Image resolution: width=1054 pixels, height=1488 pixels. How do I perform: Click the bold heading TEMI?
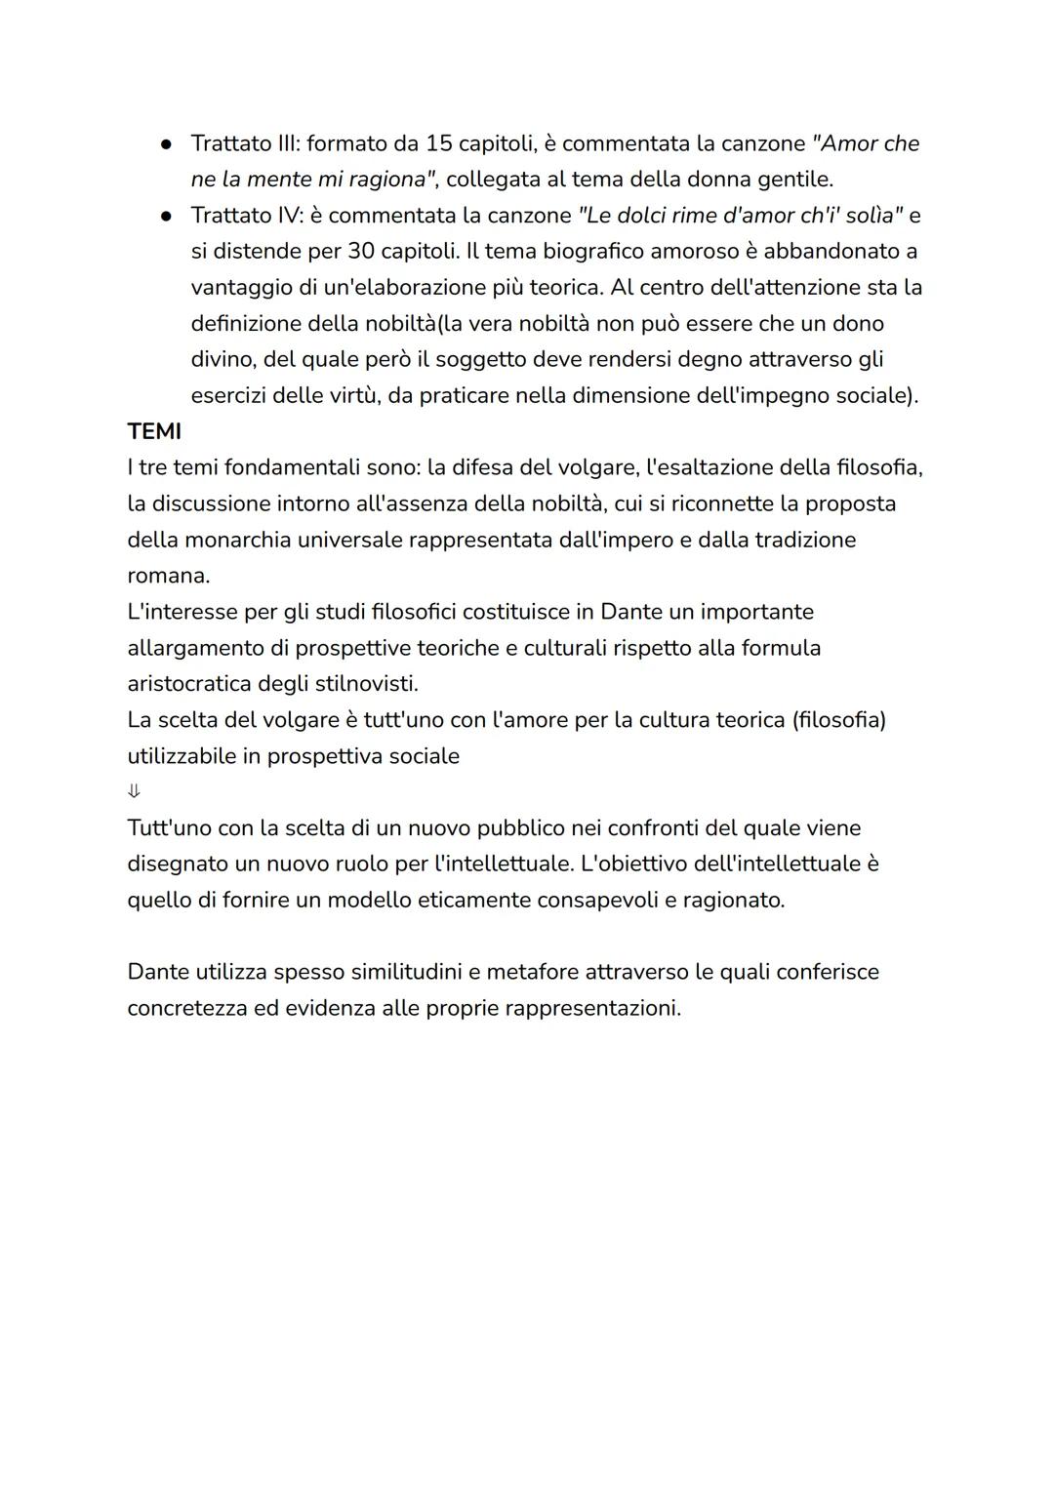154,431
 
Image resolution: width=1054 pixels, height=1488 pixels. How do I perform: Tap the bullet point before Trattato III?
167,143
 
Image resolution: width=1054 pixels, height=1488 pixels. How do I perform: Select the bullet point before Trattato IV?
167,216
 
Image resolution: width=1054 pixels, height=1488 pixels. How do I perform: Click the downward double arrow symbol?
134,791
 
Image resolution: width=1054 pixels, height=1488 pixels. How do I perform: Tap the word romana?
168,576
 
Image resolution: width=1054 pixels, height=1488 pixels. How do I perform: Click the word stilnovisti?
366,683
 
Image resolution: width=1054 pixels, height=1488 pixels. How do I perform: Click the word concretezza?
187,1008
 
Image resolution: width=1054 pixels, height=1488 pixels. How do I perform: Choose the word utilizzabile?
181,756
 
